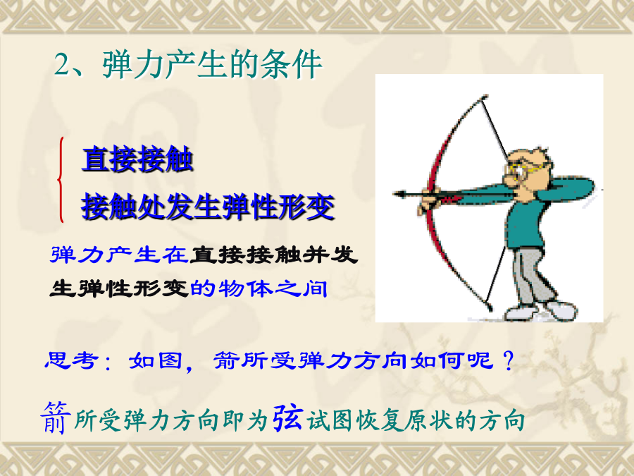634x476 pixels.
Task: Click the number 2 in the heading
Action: (62, 65)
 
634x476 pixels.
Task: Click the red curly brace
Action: (61, 180)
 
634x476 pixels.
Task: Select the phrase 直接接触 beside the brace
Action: (137, 159)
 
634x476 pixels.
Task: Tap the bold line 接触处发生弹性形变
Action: (208, 207)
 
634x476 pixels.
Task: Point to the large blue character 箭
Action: (56, 417)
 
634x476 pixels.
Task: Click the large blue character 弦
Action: (287, 417)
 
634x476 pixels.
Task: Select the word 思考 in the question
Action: (71, 360)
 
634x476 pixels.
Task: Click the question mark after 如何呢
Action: (509, 360)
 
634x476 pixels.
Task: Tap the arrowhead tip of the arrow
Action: (393, 195)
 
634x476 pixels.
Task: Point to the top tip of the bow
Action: (485, 97)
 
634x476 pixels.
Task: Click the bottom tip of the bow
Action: (490, 308)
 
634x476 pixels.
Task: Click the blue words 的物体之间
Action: (259, 288)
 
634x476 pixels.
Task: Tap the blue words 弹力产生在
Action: (119, 255)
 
